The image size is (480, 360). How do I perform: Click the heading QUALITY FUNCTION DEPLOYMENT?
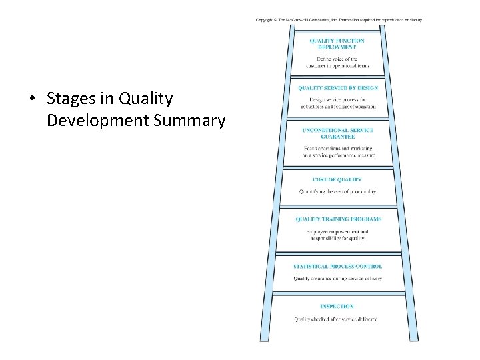point(337,44)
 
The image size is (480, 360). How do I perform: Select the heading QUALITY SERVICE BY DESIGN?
point(337,88)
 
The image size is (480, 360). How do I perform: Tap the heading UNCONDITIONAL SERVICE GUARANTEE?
point(337,133)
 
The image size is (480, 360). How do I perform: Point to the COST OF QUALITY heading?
point(337,179)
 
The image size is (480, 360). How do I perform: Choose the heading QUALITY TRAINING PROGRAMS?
point(338,219)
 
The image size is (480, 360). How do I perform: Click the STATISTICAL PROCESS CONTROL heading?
point(337,267)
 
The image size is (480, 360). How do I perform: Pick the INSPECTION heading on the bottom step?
point(337,307)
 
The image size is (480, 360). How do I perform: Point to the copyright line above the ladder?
point(339,19)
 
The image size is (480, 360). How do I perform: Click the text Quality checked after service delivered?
point(336,319)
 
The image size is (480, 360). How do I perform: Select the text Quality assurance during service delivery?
point(337,279)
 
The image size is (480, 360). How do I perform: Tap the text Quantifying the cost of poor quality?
point(337,191)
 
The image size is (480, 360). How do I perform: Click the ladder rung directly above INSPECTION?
point(338,292)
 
